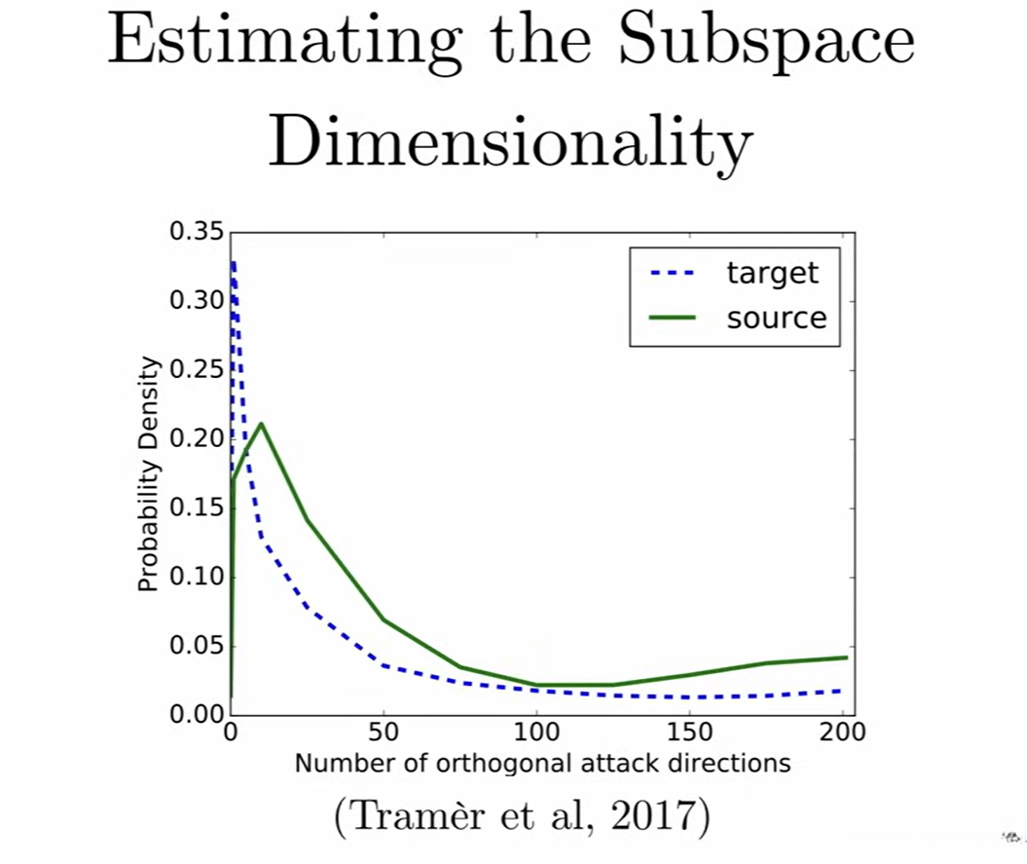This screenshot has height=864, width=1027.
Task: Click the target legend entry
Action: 772,273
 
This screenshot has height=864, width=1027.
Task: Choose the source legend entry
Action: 776,318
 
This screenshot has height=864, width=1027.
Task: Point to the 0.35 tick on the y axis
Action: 198,232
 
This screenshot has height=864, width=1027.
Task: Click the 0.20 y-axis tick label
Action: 198,439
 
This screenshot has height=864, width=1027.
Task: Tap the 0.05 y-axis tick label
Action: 198,647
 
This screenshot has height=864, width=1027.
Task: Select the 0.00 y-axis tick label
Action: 198,715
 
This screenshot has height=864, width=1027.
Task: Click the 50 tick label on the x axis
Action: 383,733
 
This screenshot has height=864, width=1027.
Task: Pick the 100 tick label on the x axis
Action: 536,733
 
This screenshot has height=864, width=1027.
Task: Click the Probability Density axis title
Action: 148,474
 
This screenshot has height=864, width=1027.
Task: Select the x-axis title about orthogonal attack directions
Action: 542,763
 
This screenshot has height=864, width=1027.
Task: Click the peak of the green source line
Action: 261,424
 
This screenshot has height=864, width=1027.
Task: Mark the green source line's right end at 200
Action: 846,657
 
